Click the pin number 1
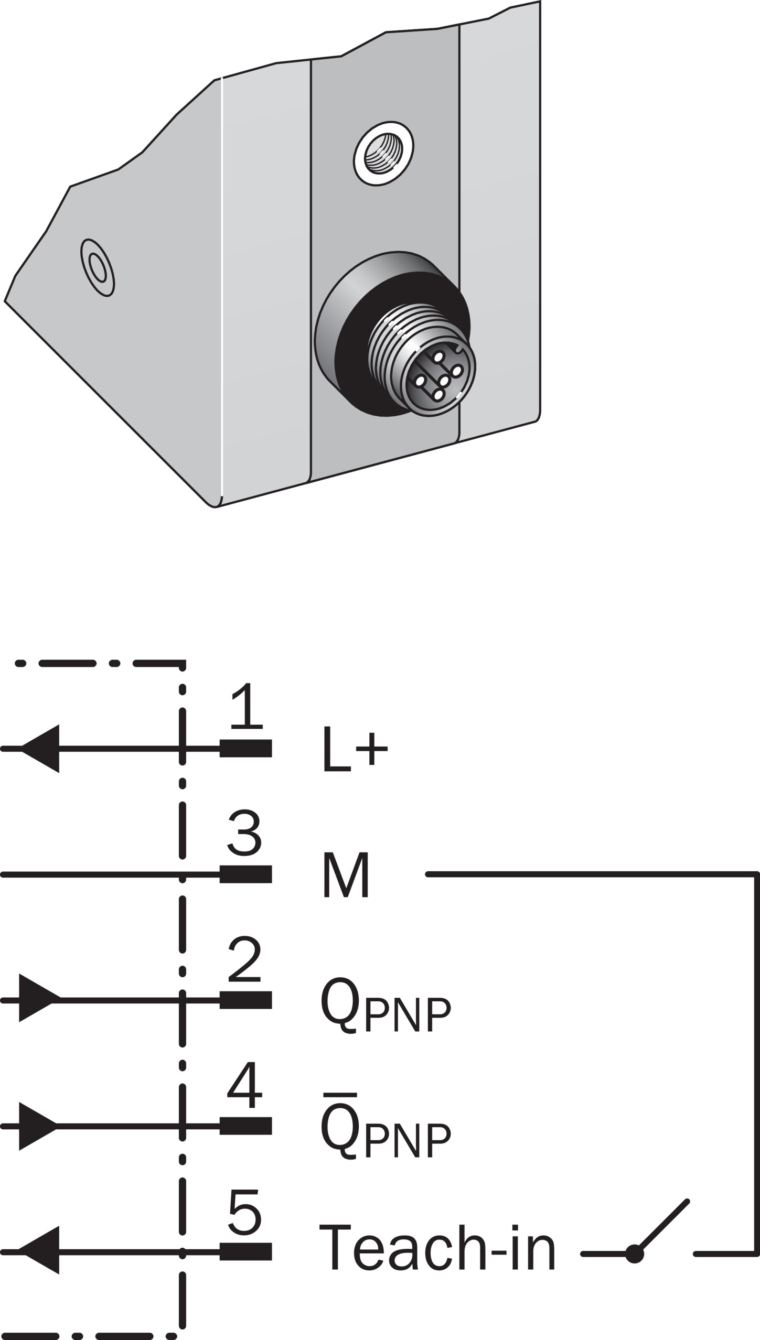pyautogui.click(x=246, y=706)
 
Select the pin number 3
pyautogui.click(x=244, y=832)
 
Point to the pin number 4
pyautogui.click(x=244, y=1086)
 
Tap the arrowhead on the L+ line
pyautogui.click(x=40, y=749)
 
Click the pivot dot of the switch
pyautogui.click(x=635, y=1253)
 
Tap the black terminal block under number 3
pyautogui.click(x=245, y=874)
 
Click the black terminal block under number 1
pyautogui.click(x=245, y=749)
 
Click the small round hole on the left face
pyautogui.click(x=98, y=268)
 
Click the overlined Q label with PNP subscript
pyautogui.click(x=386, y=1127)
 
